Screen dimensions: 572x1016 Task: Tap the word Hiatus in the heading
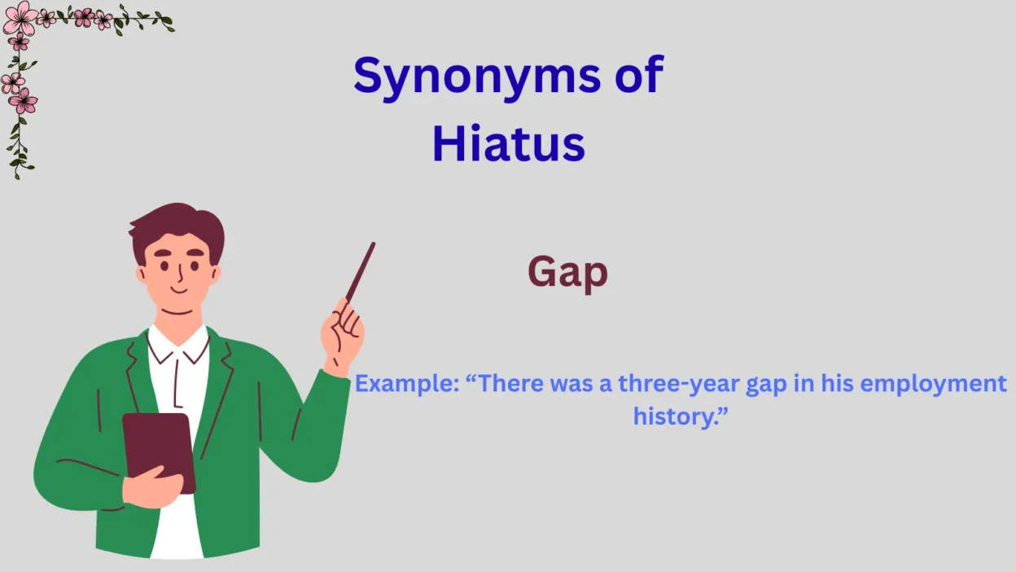point(508,143)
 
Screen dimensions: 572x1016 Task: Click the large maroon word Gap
point(567,273)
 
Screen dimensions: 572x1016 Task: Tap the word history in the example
point(672,416)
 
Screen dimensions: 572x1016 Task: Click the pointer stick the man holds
point(360,272)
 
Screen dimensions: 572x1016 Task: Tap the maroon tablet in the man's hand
point(160,445)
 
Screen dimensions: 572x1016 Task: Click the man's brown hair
point(175,226)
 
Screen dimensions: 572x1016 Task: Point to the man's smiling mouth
point(177,288)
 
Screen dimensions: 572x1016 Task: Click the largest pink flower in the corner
point(20,16)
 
